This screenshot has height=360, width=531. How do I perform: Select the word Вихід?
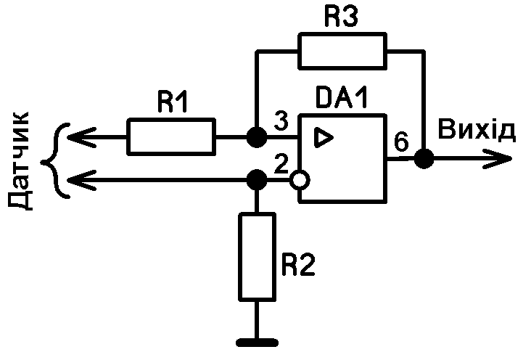pos(477,131)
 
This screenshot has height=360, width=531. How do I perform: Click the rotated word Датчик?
pos(22,160)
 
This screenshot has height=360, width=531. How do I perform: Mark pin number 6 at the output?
pos(400,143)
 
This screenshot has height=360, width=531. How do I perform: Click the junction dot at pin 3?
pos(255,136)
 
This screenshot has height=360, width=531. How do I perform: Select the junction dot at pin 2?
pos(255,178)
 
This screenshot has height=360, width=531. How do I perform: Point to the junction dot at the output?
pos(423,158)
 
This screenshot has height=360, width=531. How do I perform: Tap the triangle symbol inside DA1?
pos(323,136)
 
